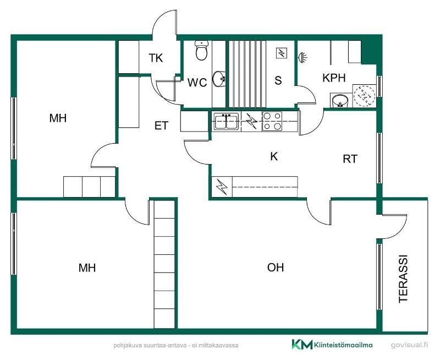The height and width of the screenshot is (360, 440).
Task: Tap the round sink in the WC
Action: (219, 79)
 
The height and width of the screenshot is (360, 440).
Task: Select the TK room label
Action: (156, 58)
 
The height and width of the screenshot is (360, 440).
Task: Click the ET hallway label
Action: (161, 126)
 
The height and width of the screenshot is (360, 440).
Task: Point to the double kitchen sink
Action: (226, 121)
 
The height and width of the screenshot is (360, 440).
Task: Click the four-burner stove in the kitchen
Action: (272, 121)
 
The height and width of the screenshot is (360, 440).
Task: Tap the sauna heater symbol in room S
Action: (282, 53)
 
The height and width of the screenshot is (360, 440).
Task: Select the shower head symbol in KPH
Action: (302, 57)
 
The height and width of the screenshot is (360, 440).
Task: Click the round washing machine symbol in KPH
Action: (364, 95)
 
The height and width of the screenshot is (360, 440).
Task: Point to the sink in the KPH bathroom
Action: (340, 100)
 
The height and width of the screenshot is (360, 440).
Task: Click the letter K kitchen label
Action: (274, 156)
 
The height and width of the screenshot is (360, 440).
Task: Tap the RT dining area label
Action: (350, 159)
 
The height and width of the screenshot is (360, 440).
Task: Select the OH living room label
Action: (276, 268)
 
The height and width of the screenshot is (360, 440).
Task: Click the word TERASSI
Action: (403, 279)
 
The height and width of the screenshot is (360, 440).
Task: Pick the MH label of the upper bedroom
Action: (58, 118)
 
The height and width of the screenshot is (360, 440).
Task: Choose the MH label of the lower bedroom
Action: (87, 268)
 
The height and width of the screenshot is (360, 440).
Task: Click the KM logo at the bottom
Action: (302, 344)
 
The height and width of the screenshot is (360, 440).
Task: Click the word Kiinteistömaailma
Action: (343, 345)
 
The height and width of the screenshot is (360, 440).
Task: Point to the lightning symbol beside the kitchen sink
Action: (251, 121)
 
